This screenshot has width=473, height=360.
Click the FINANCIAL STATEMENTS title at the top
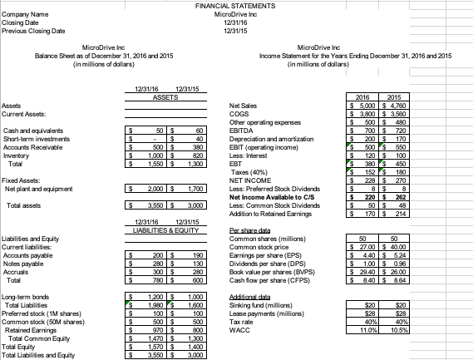pos(236,6)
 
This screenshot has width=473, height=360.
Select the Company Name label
pos(24,14)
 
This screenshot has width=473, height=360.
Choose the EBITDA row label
pos(250,131)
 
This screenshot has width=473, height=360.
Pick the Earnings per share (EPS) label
pos(275,254)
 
